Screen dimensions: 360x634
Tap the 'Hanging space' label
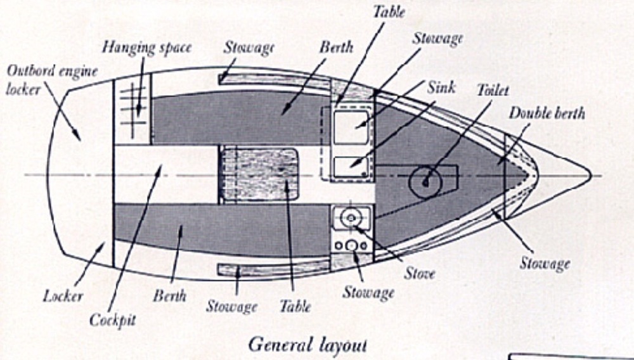(147, 48)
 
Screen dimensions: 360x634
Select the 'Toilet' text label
(493, 90)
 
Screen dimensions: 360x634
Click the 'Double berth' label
(547, 113)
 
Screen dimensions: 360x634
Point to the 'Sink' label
(441, 87)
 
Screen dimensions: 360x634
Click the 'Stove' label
(420, 274)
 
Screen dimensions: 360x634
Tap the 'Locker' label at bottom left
(63, 295)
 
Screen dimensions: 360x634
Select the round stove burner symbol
(349, 217)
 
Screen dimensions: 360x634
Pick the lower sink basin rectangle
(351, 167)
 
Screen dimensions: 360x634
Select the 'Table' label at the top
(388, 11)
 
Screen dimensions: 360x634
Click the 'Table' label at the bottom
(295, 306)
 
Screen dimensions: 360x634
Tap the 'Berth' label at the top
(336, 47)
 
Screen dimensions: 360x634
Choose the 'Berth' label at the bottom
(170, 295)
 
